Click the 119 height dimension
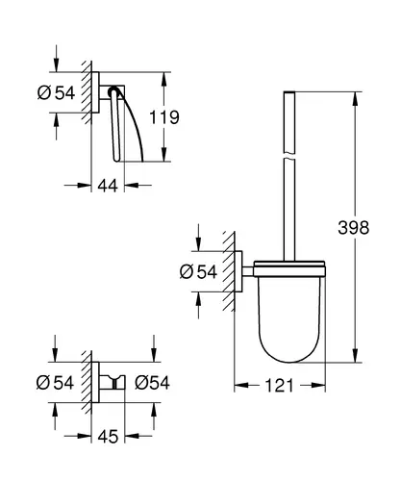pos(164,117)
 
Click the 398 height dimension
pos(354,228)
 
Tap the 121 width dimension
pos(279,386)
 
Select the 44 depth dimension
pos(108,186)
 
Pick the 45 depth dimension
pos(108,437)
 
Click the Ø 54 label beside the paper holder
pos(56,93)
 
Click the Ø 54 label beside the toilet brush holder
pos(198,272)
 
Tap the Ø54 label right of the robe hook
pos(152,383)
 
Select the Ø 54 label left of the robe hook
pos(55,383)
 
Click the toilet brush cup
pos(289,316)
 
